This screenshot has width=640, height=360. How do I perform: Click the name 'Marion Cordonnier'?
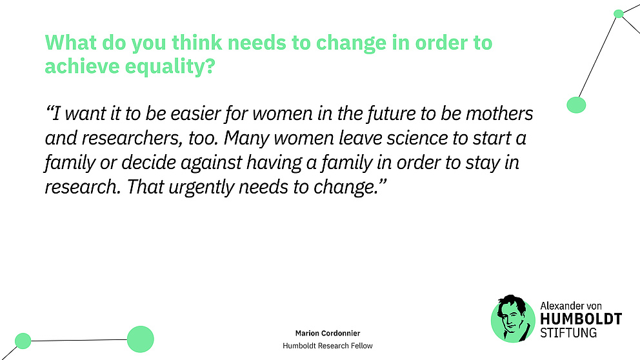tap(327, 333)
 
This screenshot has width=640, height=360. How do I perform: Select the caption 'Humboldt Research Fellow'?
tap(327, 346)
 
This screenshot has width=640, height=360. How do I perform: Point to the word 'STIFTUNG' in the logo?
tap(568, 333)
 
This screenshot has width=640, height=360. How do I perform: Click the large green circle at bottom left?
tap(140, 339)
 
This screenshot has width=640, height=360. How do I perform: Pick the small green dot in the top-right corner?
tap(618, 14)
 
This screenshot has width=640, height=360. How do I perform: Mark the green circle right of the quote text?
tap(575, 105)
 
